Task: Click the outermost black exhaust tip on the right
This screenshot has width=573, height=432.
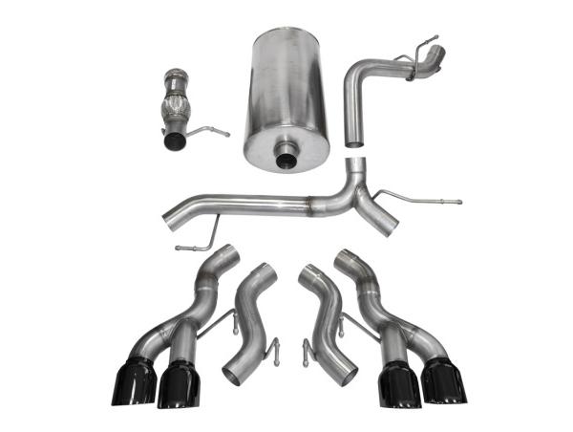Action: coord(440,381)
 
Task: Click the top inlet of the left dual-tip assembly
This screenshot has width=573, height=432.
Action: coord(224,256)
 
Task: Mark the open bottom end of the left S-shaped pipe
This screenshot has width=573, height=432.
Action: coord(238,372)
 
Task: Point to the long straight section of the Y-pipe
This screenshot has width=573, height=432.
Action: coord(258,205)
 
